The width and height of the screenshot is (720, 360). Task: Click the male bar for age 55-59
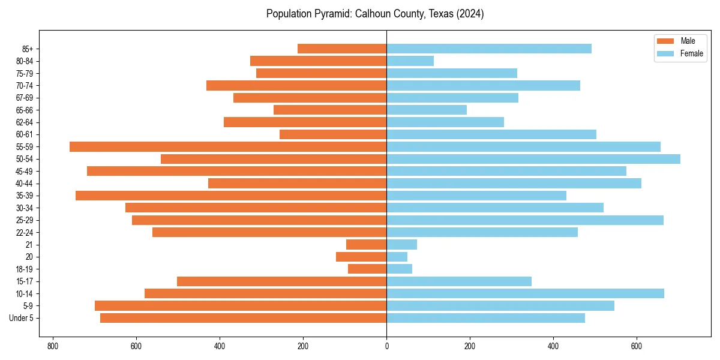pyautogui.click(x=228, y=146)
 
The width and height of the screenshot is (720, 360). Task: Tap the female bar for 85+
pyautogui.click(x=489, y=49)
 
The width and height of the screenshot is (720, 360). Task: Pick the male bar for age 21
pyautogui.click(x=366, y=244)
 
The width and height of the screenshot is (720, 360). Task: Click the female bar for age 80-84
pyautogui.click(x=410, y=61)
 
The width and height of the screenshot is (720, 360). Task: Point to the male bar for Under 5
pyautogui.click(x=243, y=318)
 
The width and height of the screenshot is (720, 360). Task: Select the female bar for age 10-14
pyautogui.click(x=525, y=293)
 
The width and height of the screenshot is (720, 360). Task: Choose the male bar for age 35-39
pyautogui.click(x=231, y=196)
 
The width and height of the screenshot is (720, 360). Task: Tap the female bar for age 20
pyautogui.click(x=397, y=257)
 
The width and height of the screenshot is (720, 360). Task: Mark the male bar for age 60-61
pyautogui.click(x=333, y=134)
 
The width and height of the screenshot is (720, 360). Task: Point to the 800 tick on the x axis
pyautogui.click(x=53, y=346)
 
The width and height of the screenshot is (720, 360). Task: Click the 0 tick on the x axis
pyautogui.click(x=386, y=346)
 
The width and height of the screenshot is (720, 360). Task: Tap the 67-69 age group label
pyautogui.click(x=24, y=98)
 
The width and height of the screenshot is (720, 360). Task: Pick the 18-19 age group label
pyautogui.click(x=24, y=269)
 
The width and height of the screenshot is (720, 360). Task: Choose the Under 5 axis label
pyautogui.click(x=21, y=318)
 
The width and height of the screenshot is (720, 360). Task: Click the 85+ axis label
pyautogui.click(x=26, y=49)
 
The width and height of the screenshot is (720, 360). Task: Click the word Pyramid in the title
pyautogui.click(x=328, y=14)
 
